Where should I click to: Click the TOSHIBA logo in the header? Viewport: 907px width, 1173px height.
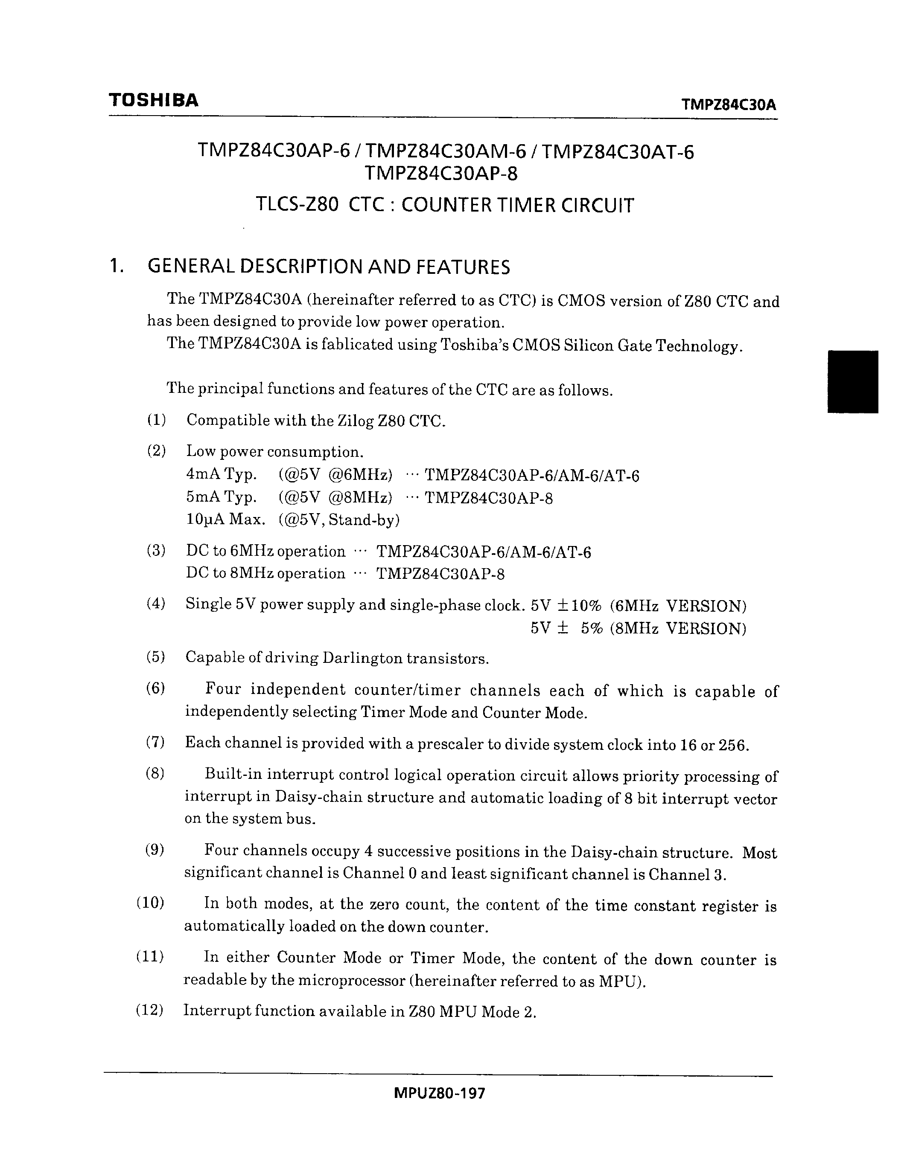coord(154,100)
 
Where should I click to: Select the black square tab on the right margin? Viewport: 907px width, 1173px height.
coord(853,381)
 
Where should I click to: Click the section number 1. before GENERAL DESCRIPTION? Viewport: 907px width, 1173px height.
coord(115,267)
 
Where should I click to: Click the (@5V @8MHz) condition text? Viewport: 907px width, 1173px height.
coord(335,497)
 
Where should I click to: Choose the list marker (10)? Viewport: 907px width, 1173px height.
coord(150,903)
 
